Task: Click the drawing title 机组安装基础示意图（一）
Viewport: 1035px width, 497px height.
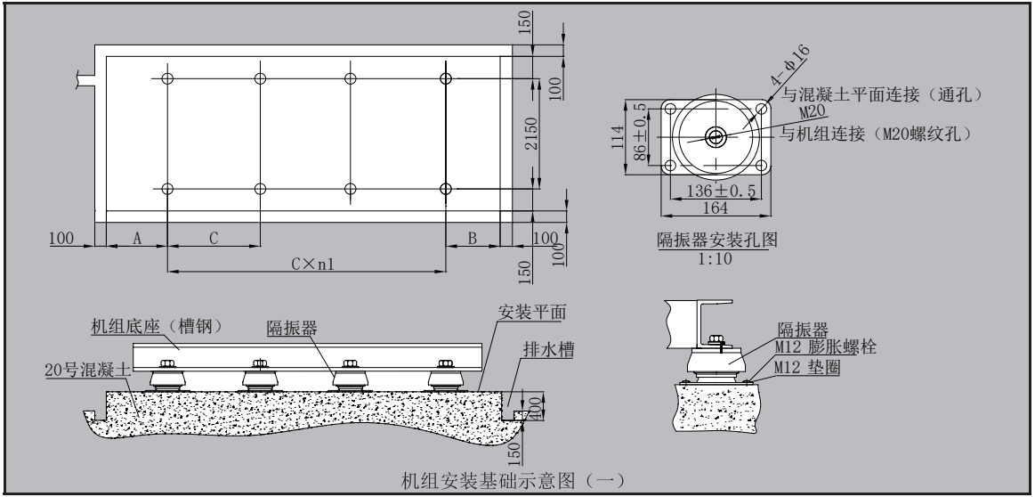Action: pyautogui.click(x=515, y=481)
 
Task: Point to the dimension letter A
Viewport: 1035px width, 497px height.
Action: pyautogui.click(x=136, y=238)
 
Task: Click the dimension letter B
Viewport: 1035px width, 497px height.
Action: pyautogui.click(x=473, y=238)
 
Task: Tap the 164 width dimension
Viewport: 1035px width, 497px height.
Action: pyautogui.click(x=716, y=208)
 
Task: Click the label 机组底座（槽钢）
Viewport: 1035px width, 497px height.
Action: pyautogui.click(x=157, y=326)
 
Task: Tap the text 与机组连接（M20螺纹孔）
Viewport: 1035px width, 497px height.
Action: pyautogui.click(x=874, y=134)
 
